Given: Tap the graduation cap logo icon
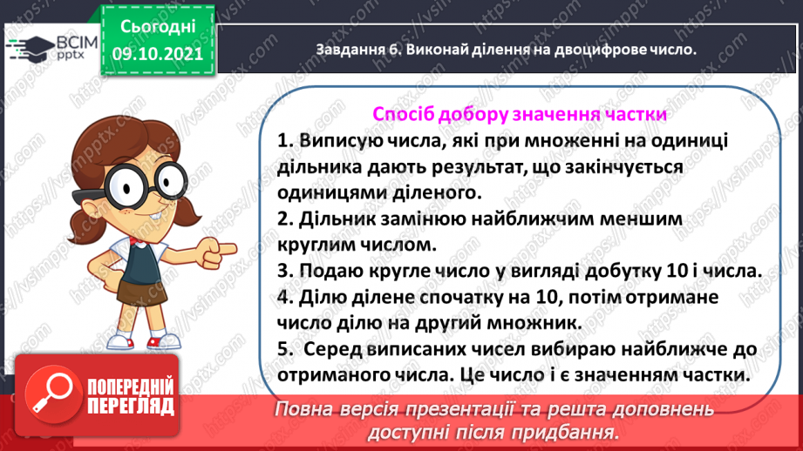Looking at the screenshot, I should click(x=29, y=47).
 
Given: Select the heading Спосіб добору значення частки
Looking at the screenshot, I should click(x=520, y=114).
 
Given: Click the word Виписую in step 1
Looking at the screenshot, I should click(x=335, y=141).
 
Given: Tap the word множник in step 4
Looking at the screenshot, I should click(x=535, y=322).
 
